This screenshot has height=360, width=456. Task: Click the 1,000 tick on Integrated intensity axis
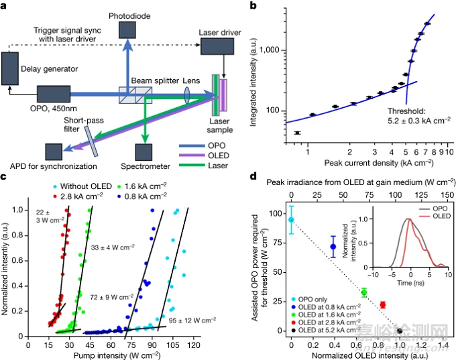tap(284, 50)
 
